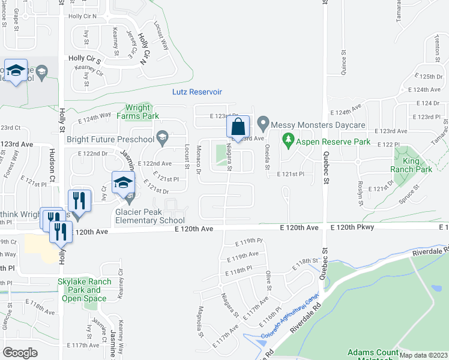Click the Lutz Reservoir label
(x=197, y=92)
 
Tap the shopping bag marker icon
(x=238, y=127)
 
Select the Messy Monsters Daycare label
(x=318, y=125)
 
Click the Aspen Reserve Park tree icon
(x=288, y=140)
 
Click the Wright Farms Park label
(x=138, y=112)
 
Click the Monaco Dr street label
(x=198, y=161)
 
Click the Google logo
(x=20, y=353)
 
